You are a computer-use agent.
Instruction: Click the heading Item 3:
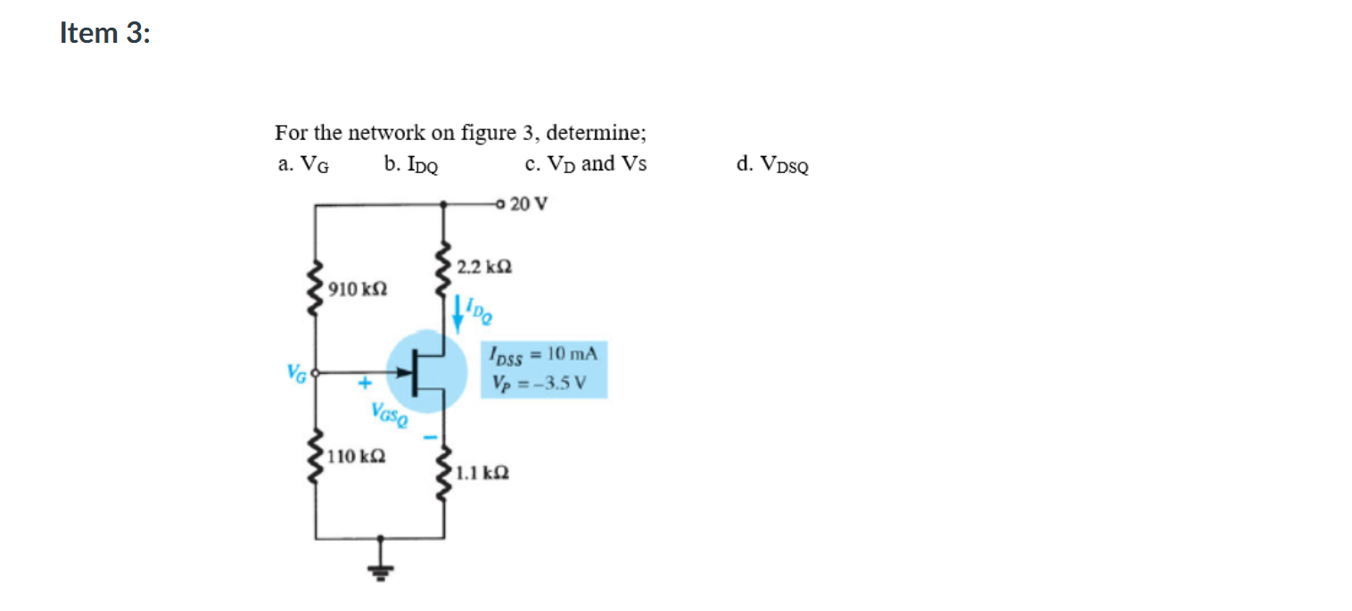point(105,33)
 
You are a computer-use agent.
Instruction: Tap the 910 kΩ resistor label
point(356,289)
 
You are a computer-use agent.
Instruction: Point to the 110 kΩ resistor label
point(356,457)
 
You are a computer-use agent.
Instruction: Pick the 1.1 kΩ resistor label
point(482,474)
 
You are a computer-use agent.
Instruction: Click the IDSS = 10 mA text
point(543,353)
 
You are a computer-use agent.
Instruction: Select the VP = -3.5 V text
point(539,384)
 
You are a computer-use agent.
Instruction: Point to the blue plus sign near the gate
point(364,384)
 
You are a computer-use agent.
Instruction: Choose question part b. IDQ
point(410,165)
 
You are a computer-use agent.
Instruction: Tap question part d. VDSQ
point(773,165)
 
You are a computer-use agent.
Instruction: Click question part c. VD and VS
point(586,164)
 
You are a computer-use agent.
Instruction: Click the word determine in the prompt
point(596,134)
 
